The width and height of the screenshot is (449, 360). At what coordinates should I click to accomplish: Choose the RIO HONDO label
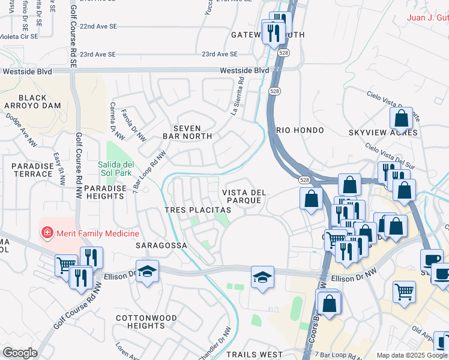point(300,130)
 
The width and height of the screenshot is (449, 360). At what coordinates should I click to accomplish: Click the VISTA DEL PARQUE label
point(244,196)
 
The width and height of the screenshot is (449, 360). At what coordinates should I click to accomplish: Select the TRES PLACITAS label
point(198,211)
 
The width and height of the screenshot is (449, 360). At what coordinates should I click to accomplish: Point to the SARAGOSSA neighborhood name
point(161,245)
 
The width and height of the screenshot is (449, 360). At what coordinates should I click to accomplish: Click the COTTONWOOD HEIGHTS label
point(146,322)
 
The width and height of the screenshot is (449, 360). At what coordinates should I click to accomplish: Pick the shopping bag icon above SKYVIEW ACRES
point(401,118)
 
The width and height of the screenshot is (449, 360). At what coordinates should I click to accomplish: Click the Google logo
point(20,353)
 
